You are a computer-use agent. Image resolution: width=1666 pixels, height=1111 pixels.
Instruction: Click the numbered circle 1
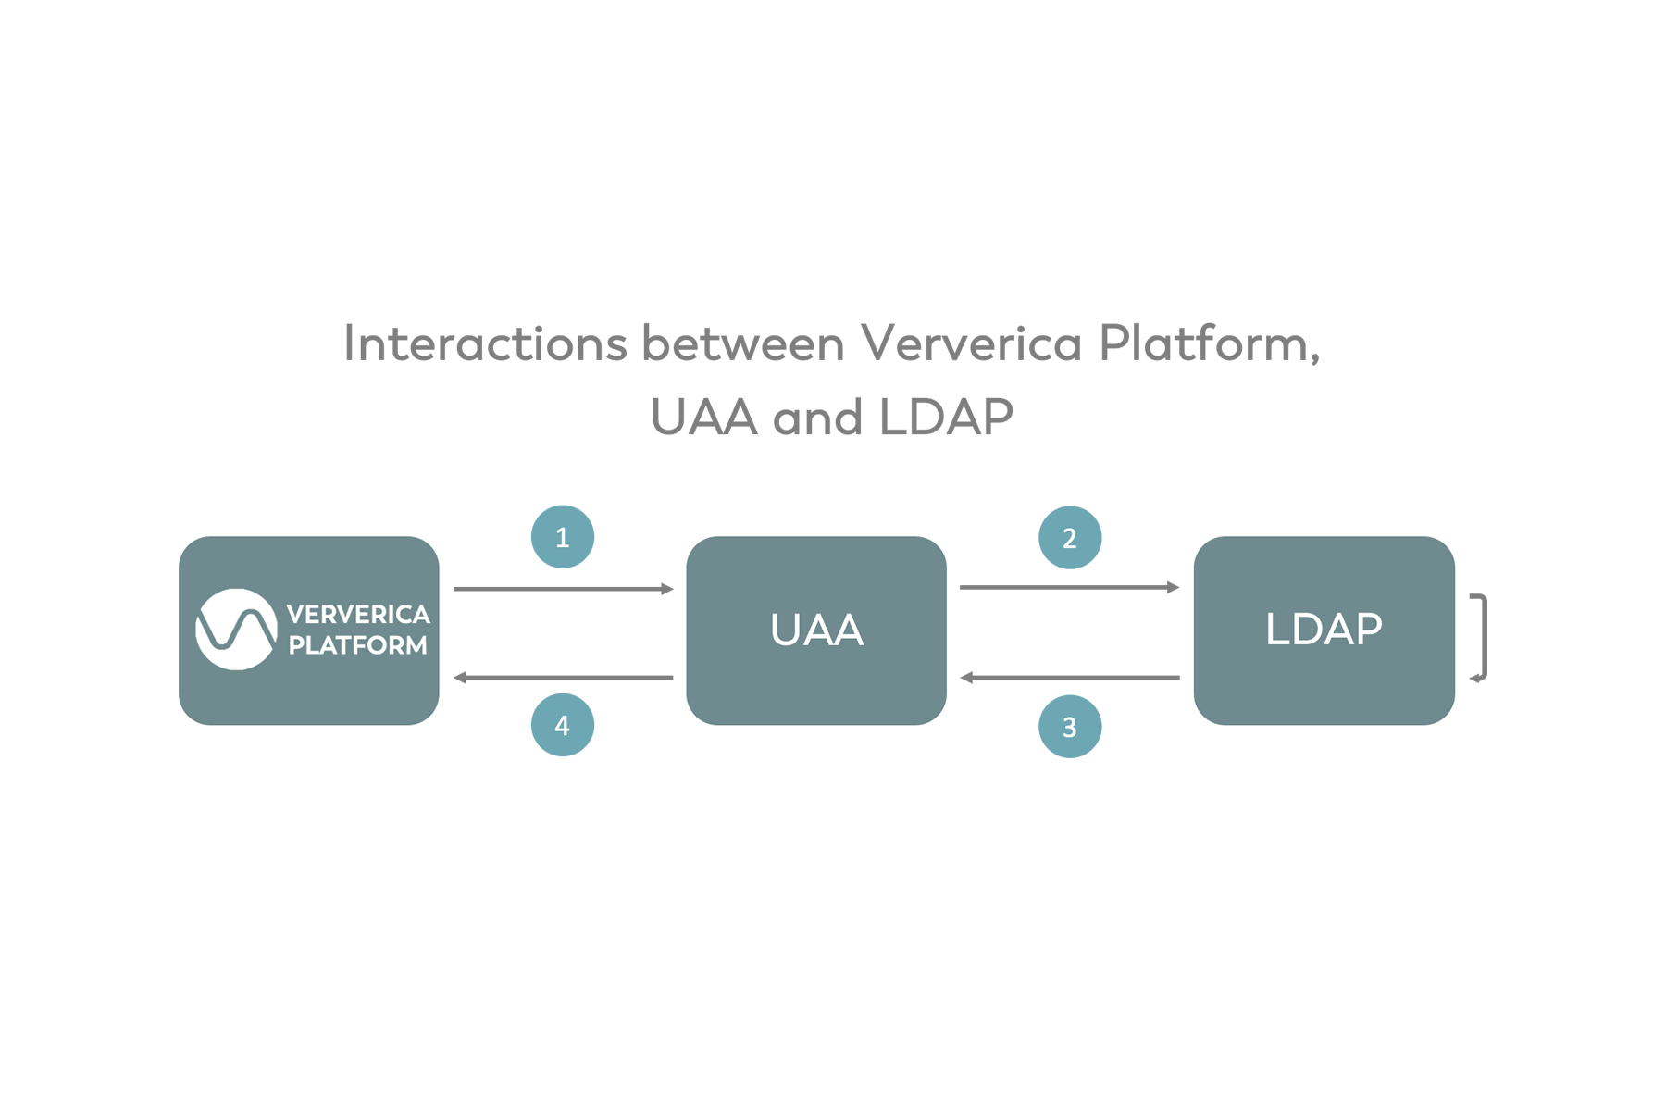tap(562, 537)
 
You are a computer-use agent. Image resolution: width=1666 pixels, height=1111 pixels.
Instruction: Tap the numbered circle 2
tap(1070, 538)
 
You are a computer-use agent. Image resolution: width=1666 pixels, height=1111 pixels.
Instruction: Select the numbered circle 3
tap(1070, 727)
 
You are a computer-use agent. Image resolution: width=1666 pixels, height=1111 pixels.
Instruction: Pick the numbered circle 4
tap(562, 725)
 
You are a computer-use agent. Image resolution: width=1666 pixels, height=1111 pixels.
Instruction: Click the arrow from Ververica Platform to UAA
tap(563, 589)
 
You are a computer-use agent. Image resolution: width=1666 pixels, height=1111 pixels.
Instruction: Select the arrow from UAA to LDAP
tap(1069, 587)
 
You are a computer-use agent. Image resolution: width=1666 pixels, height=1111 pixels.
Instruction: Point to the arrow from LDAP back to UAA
tap(1069, 678)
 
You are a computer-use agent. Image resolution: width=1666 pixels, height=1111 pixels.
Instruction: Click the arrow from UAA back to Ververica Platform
tap(563, 678)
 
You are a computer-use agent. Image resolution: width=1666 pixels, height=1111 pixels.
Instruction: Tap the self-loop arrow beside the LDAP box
tap(1483, 637)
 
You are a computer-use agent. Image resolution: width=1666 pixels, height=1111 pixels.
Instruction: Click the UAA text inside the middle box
tap(816, 630)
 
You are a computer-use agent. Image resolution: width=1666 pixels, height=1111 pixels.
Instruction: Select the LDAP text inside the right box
tap(1324, 630)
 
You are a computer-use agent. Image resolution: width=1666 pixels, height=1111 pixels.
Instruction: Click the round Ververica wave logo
tap(236, 630)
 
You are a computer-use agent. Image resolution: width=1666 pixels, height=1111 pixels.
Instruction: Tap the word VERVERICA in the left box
tap(358, 615)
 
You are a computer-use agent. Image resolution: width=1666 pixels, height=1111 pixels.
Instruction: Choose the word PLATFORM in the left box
tap(358, 645)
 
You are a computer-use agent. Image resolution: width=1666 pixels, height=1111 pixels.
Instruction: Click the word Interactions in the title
tap(485, 343)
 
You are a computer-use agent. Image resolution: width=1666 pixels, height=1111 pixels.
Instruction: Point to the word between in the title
tap(743, 343)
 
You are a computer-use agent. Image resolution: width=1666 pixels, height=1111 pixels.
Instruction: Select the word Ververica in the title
tap(971, 343)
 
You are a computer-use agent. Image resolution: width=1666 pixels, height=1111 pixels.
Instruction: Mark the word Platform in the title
tap(1208, 343)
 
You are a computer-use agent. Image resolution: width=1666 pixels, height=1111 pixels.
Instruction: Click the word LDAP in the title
tap(946, 418)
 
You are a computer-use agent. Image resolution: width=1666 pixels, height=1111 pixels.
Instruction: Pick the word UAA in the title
tap(704, 418)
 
